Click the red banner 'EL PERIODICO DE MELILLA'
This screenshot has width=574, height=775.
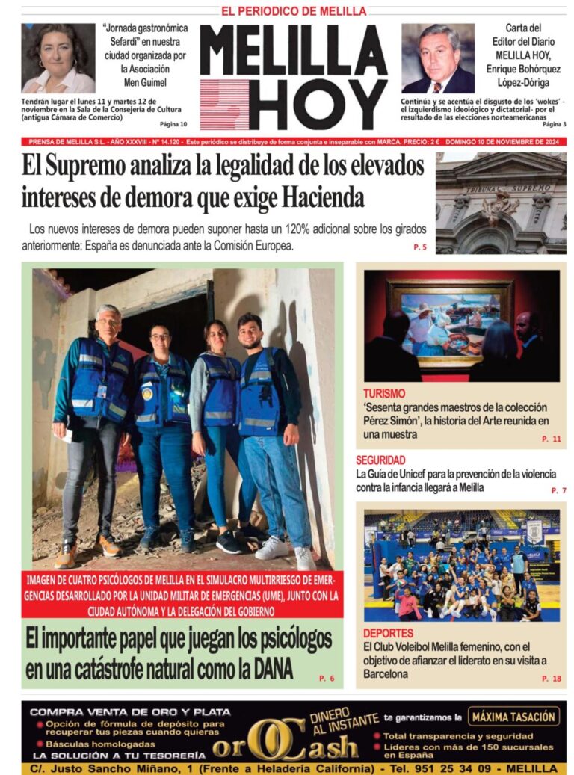coord(294,11)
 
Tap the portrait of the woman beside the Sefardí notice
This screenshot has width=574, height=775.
coord(58,58)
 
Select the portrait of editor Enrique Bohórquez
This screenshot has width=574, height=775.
coord(437,58)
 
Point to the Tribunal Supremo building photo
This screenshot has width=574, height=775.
coord(501,203)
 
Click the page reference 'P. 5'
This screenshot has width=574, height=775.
coord(419,247)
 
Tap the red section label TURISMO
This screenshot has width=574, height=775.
coord(384,393)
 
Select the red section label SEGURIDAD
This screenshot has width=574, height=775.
coord(380,460)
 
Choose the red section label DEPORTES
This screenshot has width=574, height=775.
coord(388,634)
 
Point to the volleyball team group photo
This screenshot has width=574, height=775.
coord(461,566)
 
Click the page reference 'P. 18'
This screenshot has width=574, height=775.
coord(551,679)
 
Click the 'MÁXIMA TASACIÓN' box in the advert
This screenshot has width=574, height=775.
coord(513,717)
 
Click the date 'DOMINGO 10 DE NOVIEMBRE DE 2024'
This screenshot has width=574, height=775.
coord(506,142)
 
